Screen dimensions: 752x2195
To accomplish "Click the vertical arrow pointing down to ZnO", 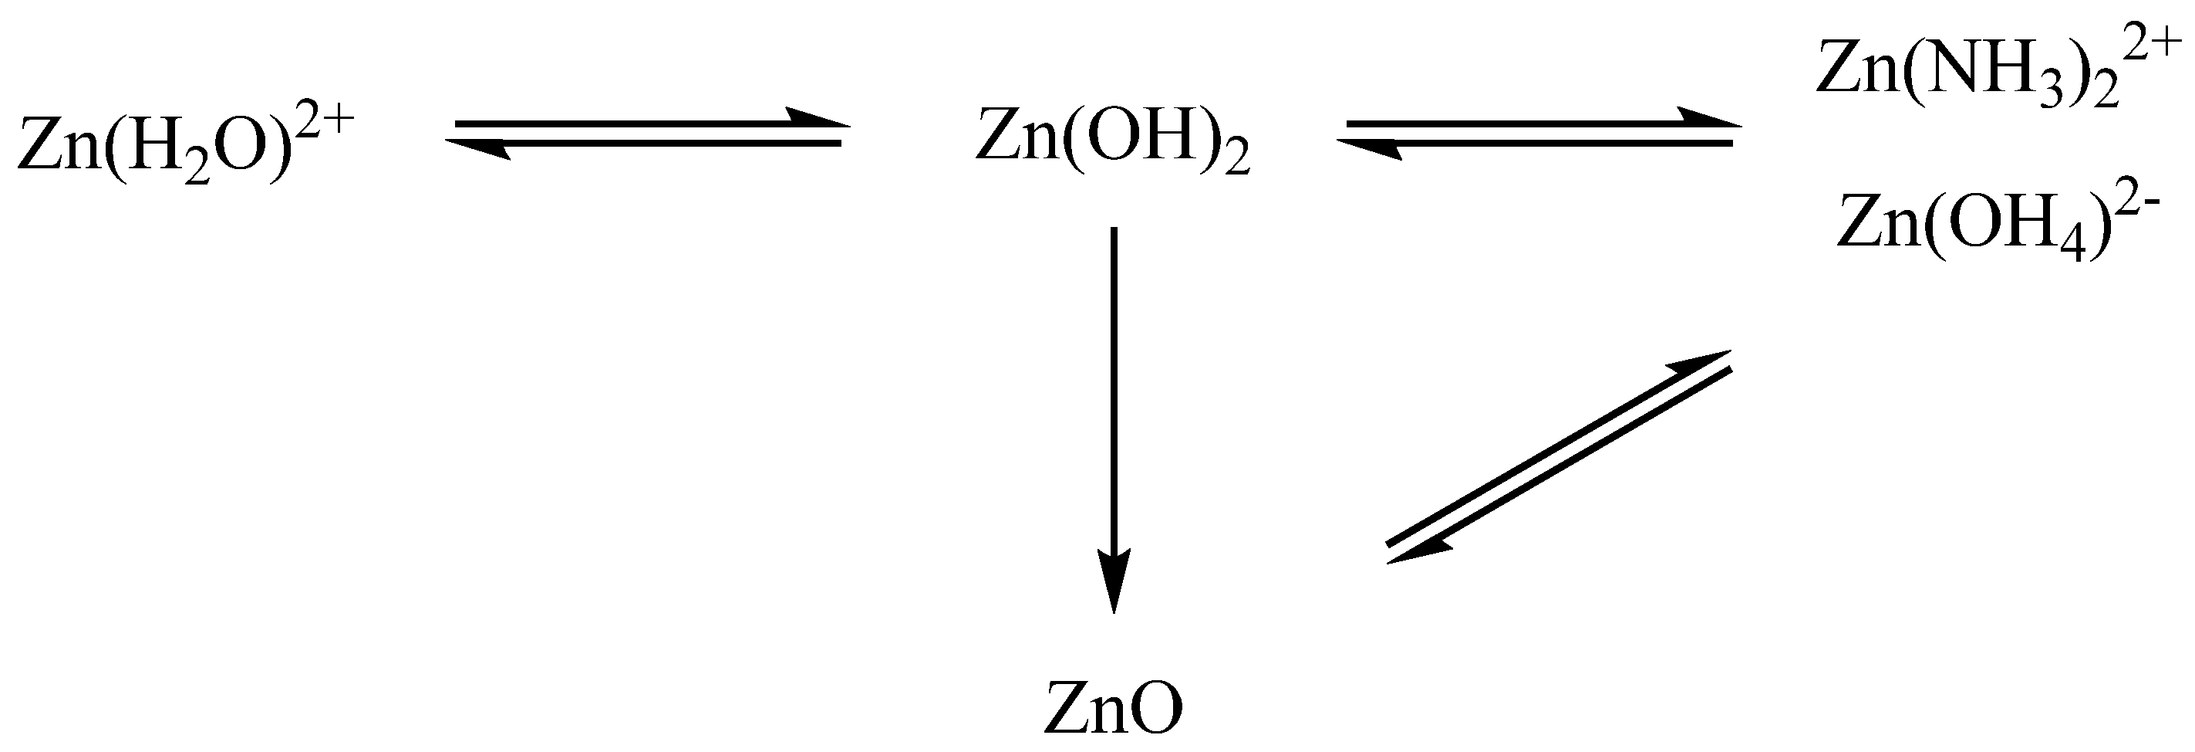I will (1114, 418).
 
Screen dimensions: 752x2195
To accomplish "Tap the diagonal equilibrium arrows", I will (1559, 457).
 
